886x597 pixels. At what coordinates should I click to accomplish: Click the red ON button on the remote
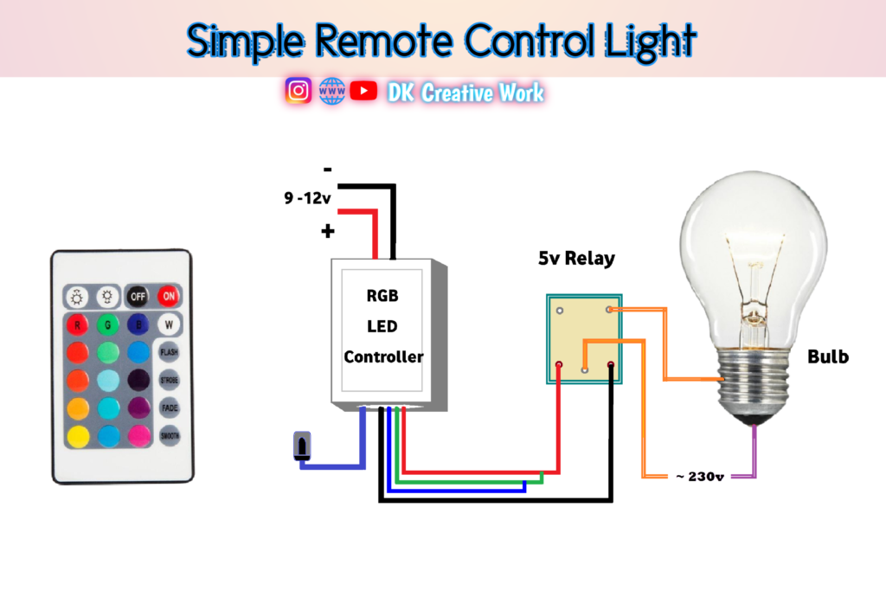pyautogui.click(x=169, y=296)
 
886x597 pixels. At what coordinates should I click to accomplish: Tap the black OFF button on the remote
pyautogui.click(x=137, y=296)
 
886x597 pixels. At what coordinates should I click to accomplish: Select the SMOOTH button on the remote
pyautogui.click(x=169, y=436)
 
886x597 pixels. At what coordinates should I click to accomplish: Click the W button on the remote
pyautogui.click(x=169, y=326)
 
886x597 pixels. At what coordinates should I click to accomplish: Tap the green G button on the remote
pyautogui.click(x=107, y=326)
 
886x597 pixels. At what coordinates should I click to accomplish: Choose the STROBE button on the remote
pyautogui.click(x=169, y=380)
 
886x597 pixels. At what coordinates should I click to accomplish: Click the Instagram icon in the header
pyautogui.click(x=299, y=91)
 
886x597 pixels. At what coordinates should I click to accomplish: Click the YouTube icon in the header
pyautogui.click(x=364, y=91)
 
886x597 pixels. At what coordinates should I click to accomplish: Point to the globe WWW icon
pyautogui.click(x=331, y=91)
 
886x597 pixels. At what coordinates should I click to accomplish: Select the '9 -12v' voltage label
pyautogui.click(x=307, y=198)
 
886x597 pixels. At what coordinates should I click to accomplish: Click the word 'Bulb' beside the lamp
pyautogui.click(x=828, y=356)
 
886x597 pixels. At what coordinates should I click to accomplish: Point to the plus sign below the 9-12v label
pyautogui.click(x=328, y=232)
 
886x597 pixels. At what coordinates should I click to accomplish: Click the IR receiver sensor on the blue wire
pyautogui.click(x=301, y=446)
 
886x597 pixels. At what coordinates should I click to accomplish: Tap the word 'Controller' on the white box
pyautogui.click(x=383, y=356)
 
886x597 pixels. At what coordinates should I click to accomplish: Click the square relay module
pyautogui.click(x=584, y=338)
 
